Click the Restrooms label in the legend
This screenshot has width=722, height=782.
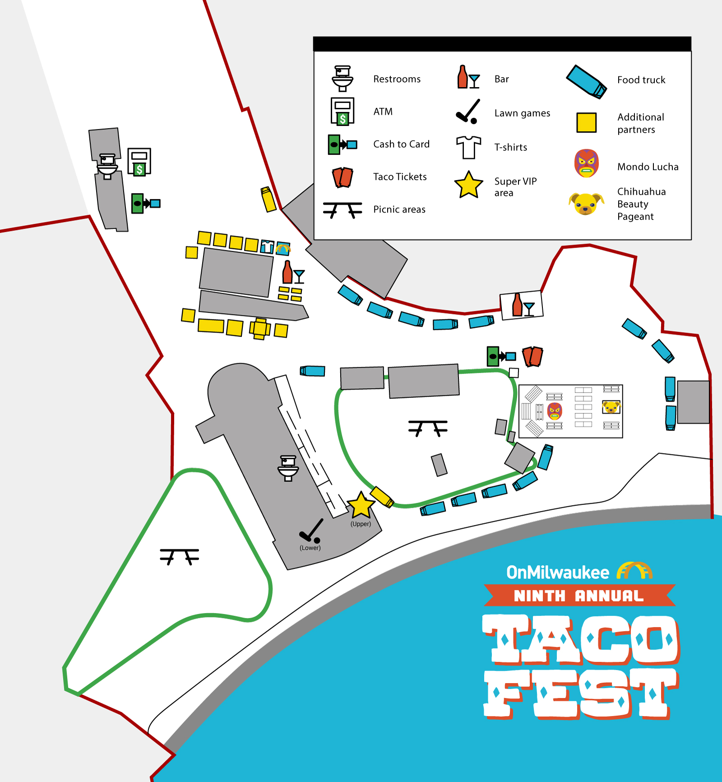[397, 79]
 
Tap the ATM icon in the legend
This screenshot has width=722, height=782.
[342, 111]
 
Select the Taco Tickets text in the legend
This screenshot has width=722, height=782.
[400, 177]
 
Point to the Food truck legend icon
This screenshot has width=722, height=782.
[586, 82]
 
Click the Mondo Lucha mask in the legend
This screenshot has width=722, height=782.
[586, 163]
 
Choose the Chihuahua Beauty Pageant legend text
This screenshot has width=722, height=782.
[641, 204]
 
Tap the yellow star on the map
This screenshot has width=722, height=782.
[361, 505]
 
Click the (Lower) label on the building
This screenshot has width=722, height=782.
[310, 548]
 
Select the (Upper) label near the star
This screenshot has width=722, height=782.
[361, 524]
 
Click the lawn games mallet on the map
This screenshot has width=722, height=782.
[311, 531]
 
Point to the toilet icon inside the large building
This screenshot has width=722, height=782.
[288, 468]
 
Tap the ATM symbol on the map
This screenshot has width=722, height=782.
[139, 162]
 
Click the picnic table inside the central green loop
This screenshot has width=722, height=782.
[428, 427]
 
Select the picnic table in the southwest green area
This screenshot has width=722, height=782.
[179, 556]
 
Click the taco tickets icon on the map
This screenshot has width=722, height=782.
[532, 356]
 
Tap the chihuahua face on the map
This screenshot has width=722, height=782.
[611, 407]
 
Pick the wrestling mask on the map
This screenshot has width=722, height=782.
[555, 411]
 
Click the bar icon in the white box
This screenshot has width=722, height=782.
[522, 305]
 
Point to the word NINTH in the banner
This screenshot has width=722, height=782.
[539, 596]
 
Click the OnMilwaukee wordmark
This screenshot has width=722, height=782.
[558, 572]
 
